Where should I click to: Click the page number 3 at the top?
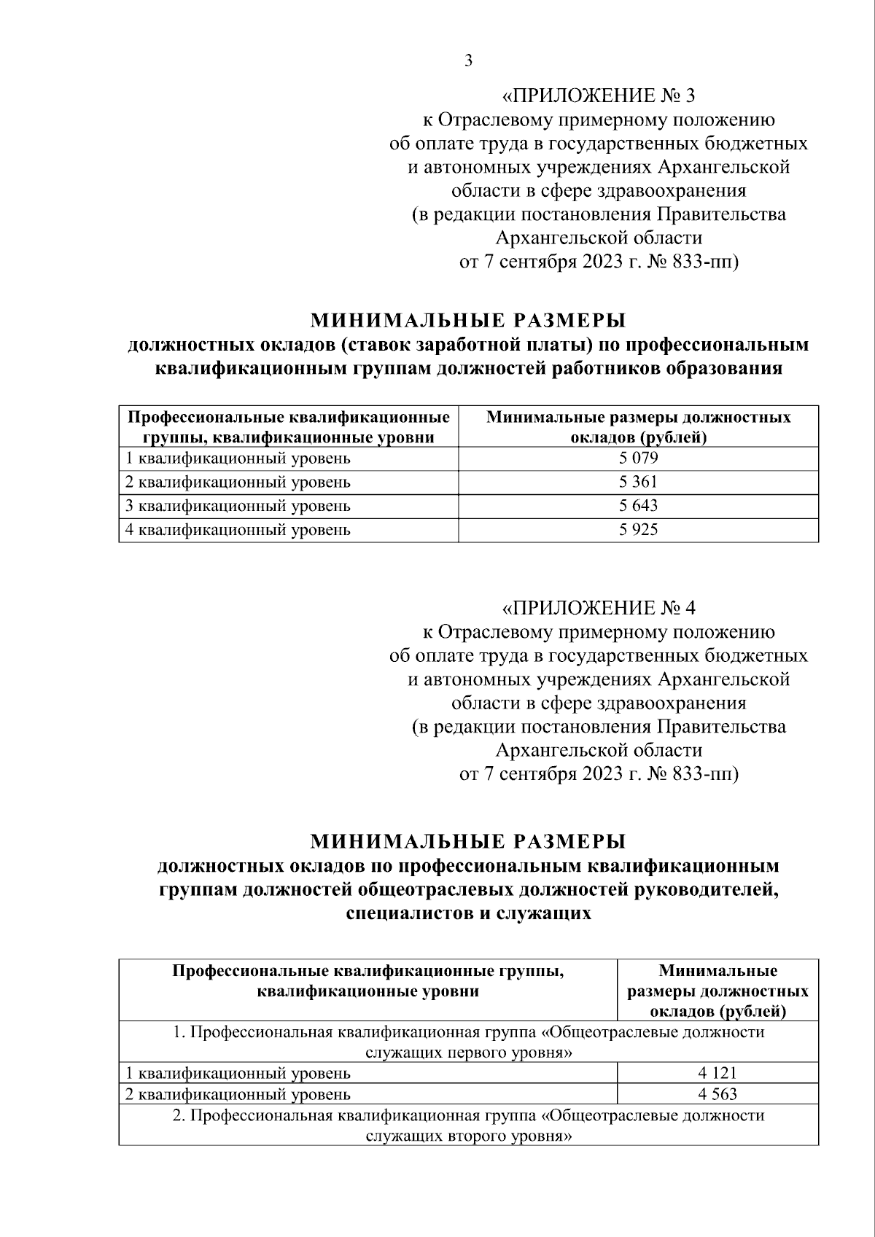coord(468,61)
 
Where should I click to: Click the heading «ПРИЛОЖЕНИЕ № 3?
coord(599,96)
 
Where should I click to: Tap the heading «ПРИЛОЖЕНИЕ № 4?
coord(599,608)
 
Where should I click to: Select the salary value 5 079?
coord(638,458)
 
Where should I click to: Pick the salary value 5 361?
coord(638,482)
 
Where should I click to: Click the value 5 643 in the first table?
coord(638,505)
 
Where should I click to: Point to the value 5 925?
coord(638,529)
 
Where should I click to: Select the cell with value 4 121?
coord(717,1072)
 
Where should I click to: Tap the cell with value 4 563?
coord(717,1093)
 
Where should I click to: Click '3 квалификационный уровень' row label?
coord(238,506)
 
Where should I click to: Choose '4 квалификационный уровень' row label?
coord(238,530)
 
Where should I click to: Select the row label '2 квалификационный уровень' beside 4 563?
coord(238,1094)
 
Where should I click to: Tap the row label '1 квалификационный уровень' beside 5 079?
coord(238,458)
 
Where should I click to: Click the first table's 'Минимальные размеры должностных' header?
coord(638,418)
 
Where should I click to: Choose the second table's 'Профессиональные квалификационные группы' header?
coord(367,971)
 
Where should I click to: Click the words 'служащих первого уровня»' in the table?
coord(467,1053)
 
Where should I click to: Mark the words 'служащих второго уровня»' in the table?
coord(467,1136)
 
